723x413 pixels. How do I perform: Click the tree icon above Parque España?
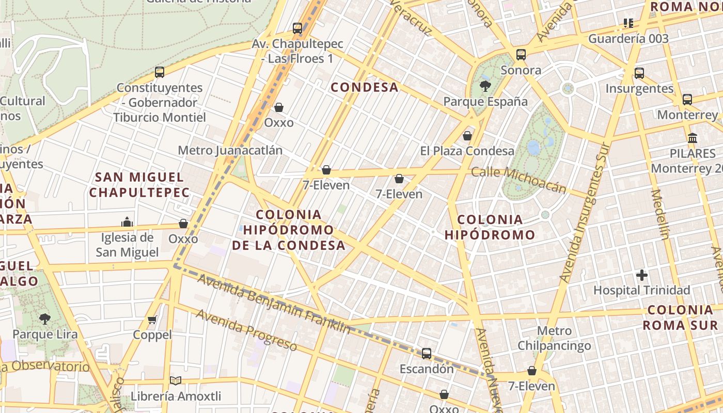point(485,86)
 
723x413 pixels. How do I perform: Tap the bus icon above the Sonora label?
point(521,55)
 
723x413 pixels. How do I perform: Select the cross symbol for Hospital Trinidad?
point(642,275)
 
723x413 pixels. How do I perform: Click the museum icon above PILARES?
point(693,138)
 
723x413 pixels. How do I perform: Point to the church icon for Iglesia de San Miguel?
point(127,222)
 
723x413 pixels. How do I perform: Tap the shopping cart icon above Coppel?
point(152,320)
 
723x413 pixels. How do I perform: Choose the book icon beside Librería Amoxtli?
point(176,380)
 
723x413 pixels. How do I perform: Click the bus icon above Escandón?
point(427,354)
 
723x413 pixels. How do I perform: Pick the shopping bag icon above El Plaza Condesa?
point(467,136)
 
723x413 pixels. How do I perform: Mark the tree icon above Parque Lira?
point(45,319)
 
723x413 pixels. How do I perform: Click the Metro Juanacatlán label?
point(230,150)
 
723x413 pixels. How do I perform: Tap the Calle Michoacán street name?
point(518,179)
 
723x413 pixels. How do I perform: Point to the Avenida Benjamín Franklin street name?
point(274,304)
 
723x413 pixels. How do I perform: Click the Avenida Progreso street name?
point(246,330)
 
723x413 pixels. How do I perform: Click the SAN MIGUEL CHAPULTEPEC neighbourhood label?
point(139,185)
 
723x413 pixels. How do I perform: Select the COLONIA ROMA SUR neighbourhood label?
point(680,317)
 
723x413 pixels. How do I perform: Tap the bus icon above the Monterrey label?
point(687,100)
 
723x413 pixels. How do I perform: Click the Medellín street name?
point(659,214)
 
